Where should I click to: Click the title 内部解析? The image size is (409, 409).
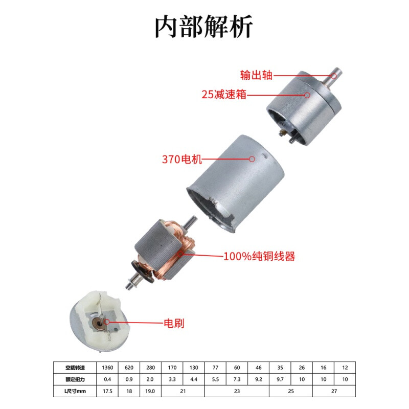pos(204,27)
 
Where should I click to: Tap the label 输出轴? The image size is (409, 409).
pos(256,75)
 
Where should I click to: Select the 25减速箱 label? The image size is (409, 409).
pos(223,95)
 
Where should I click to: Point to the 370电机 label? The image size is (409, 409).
pos(182,159)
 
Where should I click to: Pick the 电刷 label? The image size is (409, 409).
pos(173,323)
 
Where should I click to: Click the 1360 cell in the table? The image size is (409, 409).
pos(107,367)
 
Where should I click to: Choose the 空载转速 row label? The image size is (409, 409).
pos(74,367)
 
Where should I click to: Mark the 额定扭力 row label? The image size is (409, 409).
pos(74,380)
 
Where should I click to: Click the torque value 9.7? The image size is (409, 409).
pos(280,380)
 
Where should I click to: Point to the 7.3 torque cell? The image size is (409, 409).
pos(237,380)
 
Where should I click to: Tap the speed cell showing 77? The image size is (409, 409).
pos(215,367)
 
